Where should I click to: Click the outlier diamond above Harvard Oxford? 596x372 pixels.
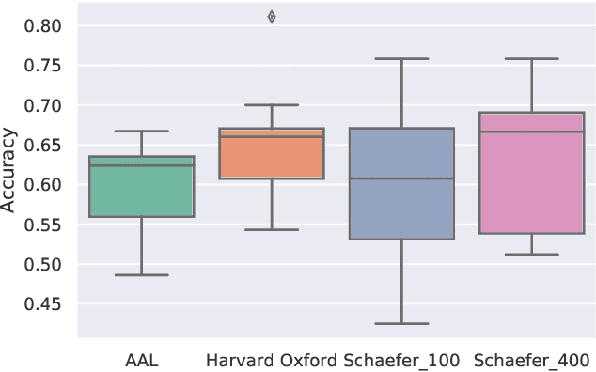click(x=272, y=17)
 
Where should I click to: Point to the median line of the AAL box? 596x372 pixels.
click(x=141, y=165)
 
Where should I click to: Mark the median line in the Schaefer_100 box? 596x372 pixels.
click(x=401, y=178)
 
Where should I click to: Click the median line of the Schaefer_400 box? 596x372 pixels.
click(x=531, y=132)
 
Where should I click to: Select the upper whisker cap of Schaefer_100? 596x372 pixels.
click(x=401, y=58)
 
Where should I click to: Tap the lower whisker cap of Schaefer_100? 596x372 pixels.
click(x=401, y=323)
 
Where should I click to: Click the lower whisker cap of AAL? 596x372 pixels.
click(x=141, y=274)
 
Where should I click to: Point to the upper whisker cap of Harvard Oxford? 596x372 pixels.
click(x=272, y=104)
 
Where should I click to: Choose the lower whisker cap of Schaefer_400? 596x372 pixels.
click(x=531, y=254)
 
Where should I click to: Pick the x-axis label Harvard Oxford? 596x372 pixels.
click(x=272, y=361)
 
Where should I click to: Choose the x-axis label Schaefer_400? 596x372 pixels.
click(x=531, y=361)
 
